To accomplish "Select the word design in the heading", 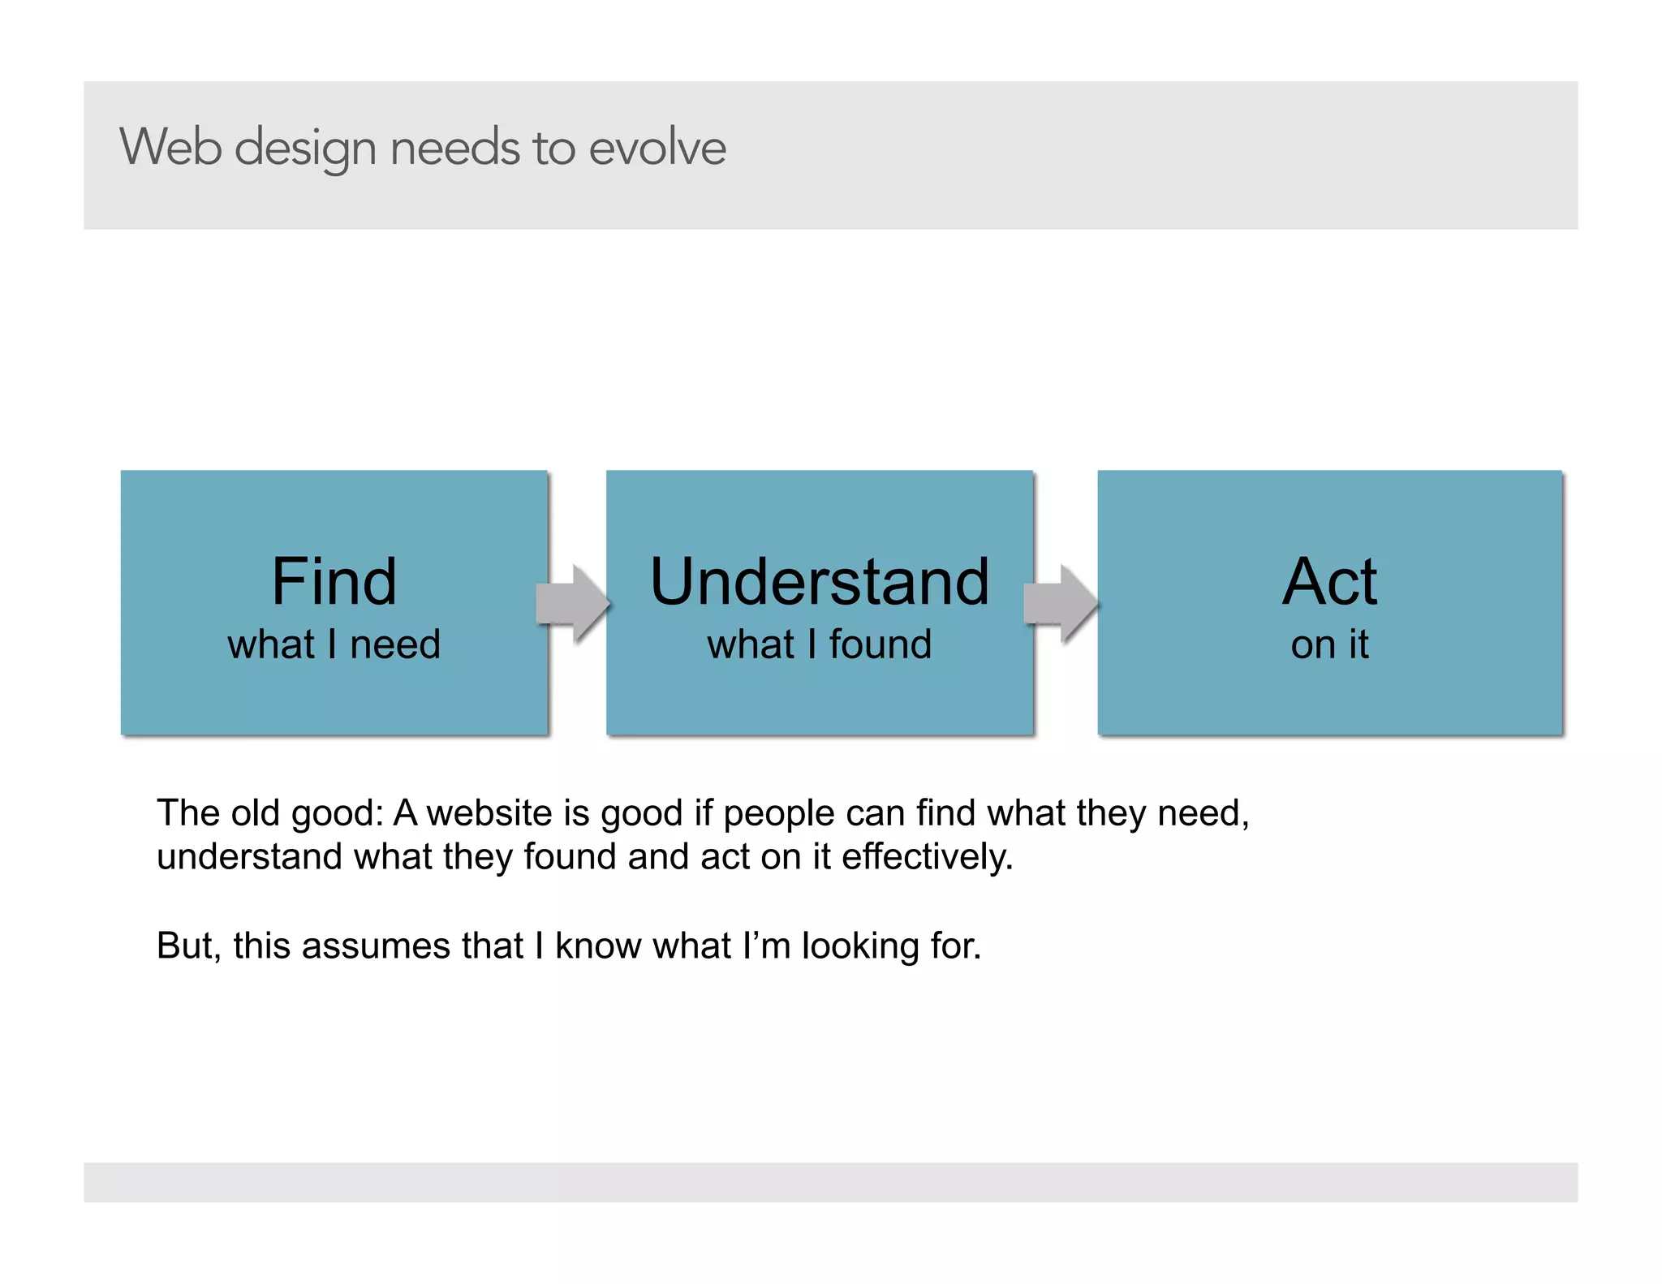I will pyautogui.click(x=305, y=149).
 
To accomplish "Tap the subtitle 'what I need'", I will pyautogui.click(x=334, y=644).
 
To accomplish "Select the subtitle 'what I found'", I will pyautogui.click(x=819, y=644).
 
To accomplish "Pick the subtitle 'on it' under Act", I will pyautogui.click(x=1329, y=644).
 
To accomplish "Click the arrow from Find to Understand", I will pyautogui.click(x=574, y=604).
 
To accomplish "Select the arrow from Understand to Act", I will pyautogui.click(x=1061, y=604).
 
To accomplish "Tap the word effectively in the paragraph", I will pyautogui.click(x=927, y=857).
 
